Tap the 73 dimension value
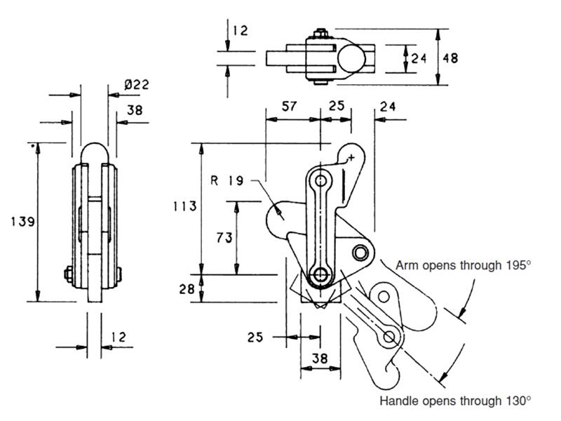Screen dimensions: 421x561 (x=224, y=238)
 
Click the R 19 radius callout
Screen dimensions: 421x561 (x=226, y=182)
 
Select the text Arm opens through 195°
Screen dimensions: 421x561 (x=464, y=266)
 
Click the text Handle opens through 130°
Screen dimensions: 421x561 (x=455, y=401)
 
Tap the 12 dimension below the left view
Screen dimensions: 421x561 (x=118, y=338)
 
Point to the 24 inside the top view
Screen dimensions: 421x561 (x=419, y=58)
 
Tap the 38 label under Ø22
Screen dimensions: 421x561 (x=136, y=109)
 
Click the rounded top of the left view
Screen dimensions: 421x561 (x=95, y=152)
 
